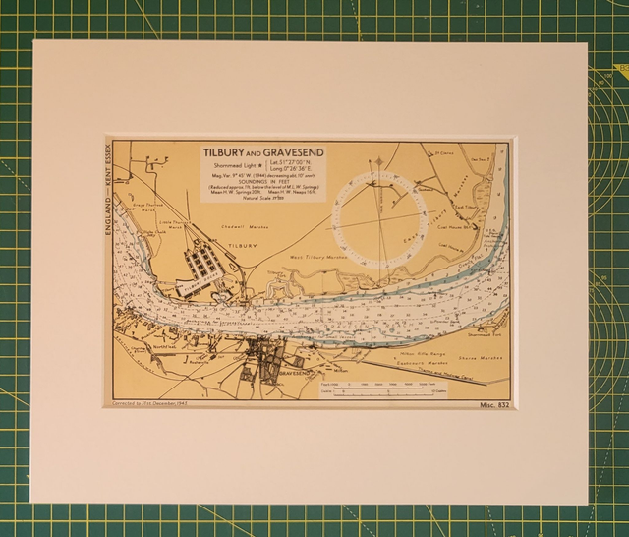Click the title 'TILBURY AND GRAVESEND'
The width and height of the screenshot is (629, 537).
(x=262, y=153)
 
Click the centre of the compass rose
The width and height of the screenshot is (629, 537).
(x=377, y=217)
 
